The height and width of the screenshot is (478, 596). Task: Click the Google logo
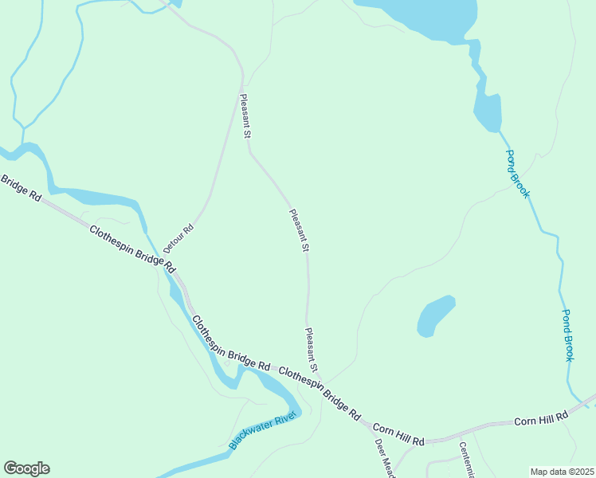pos(26,468)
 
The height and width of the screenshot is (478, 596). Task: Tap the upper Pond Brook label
pos(516,174)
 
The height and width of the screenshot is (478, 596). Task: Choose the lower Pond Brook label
pos(568,335)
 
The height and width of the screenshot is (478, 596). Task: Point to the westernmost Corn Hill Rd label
pos(398,435)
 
